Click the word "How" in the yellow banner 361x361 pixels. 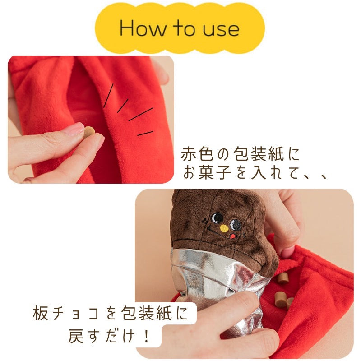(143, 28)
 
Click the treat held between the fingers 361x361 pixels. (89, 132)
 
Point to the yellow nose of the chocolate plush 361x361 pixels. (224, 228)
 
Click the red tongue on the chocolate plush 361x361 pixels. (232, 236)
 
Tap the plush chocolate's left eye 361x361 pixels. (217, 218)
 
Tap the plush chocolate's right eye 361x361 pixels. (236, 225)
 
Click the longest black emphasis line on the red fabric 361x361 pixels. (141, 114)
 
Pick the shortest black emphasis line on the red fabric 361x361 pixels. (145, 133)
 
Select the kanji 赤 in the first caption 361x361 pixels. (189, 154)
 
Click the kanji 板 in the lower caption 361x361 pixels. (41, 313)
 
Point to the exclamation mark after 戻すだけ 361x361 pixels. (146, 336)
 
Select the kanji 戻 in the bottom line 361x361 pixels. (76, 336)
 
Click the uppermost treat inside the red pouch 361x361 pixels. (282, 278)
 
